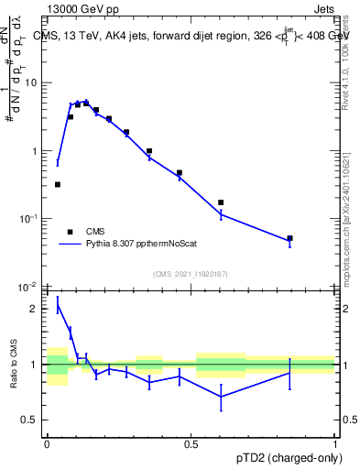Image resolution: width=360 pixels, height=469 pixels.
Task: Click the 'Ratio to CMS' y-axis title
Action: (x=14, y=365)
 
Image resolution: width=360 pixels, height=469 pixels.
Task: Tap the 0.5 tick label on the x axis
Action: (x=191, y=443)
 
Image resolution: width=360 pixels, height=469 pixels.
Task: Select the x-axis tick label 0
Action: (x=47, y=443)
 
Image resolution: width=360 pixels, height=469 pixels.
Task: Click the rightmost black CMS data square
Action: (x=289, y=238)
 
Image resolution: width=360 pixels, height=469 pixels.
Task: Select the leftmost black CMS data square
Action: (x=58, y=184)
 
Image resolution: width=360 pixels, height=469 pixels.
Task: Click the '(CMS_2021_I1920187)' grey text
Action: (x=190, y=274)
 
